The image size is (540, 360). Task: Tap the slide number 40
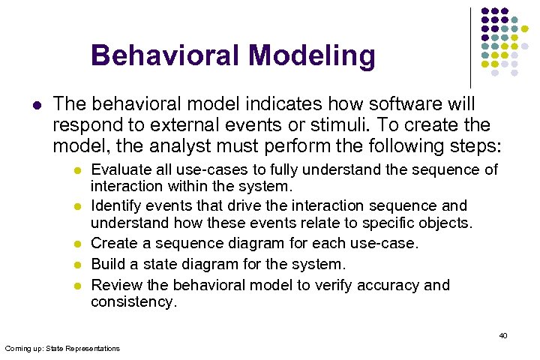pos(503,335)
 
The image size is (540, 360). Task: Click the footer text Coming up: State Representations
pos(62,348)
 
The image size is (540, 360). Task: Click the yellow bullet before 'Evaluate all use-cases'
pos(76,170)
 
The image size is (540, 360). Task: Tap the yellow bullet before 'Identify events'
pos(76,206)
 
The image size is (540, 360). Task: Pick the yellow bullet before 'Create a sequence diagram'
pos(76,244)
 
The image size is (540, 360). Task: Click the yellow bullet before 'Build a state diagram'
pos(76,265)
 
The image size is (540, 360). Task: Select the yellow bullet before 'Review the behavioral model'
pos(76,286)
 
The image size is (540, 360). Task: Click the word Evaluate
pos(118,169)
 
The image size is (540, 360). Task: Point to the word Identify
pos(115,205)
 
